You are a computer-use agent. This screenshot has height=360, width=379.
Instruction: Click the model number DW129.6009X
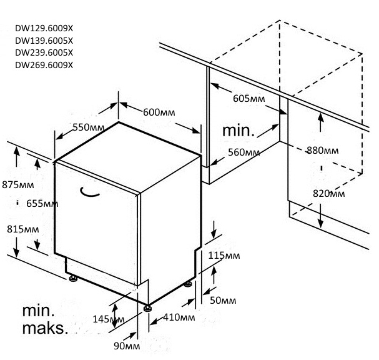pyautogui.click(x=44, y=28)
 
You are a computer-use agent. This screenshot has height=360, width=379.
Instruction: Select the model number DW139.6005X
pyautogui.click(x=44, y=40)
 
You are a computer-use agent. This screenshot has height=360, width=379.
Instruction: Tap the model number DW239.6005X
pyautogui.click(x=44, y=52)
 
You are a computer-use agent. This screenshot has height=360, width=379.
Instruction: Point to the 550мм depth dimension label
pyautogui.click(x=88, y=127)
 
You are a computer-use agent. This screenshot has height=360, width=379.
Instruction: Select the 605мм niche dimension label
pyautogui.click(x=249, y=98)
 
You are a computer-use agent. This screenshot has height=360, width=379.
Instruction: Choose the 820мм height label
pyautogui.click(x=328, y=194)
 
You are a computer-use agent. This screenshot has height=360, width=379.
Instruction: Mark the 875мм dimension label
pyautogui.click(x=17, y=184)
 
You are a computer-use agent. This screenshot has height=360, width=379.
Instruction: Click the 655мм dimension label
pyautogui.click(x=42, y=203)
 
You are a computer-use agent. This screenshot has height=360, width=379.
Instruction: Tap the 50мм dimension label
pyautogui.click(x=224, y=301)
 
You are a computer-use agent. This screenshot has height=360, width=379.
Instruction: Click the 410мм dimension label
pyautogui.click(x=178, y=317)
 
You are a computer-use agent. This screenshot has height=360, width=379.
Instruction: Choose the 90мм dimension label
pyautogui.click(x=127, y=346)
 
